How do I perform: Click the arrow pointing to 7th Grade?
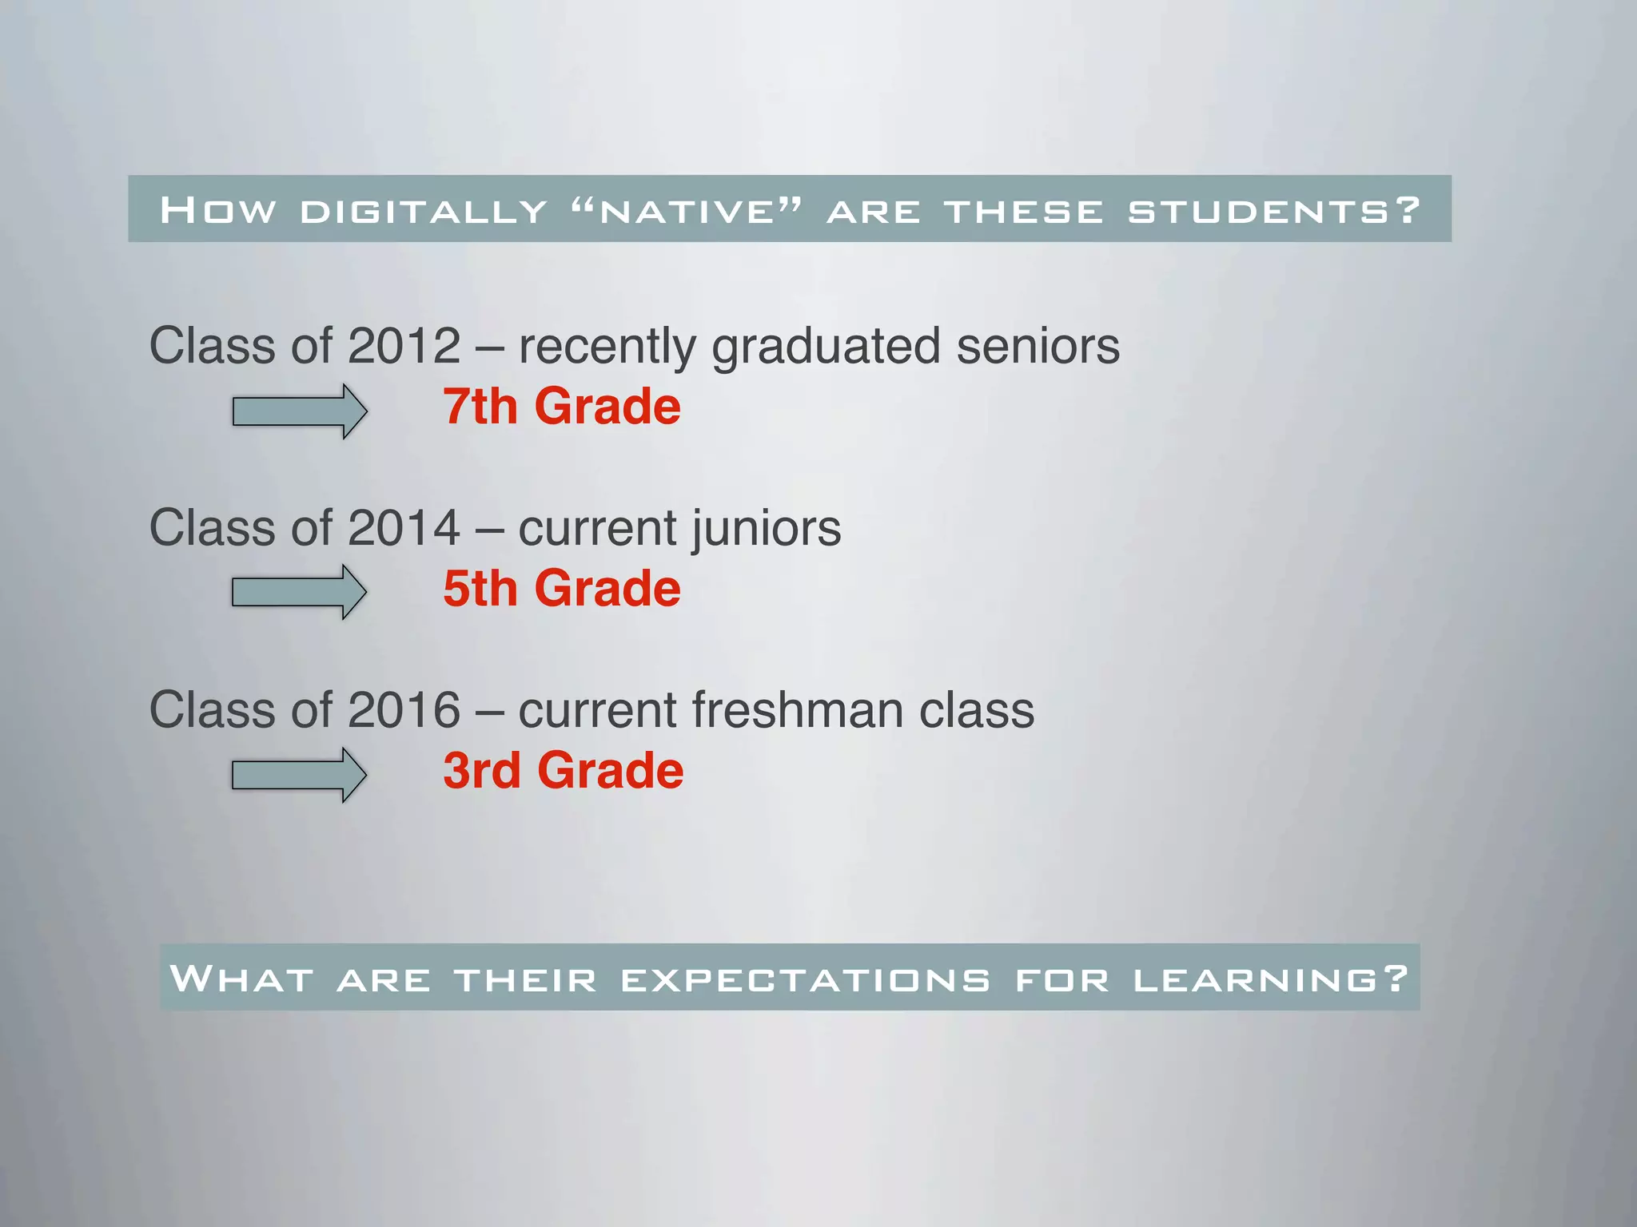click(x=300, y=411)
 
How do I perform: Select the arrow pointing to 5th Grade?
click(x=299, y=592)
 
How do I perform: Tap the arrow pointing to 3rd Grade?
click(x=299, y=775)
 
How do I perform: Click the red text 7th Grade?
click(x=562, y=407)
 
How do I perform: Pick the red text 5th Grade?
click(x=562, y=589)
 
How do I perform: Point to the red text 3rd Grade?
click(x=564, y=771)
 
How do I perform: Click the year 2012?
click(x=404, y=346)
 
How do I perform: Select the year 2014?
click(x=404, y=528)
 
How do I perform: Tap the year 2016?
click(x=404, y=710)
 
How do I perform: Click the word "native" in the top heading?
click(x=687, y=211)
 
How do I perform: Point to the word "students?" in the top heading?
click(x=1274, y=211)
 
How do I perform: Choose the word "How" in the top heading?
click(x=218, y=211)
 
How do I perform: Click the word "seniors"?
click(x=1038, y=346)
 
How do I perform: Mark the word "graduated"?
click(x=826, y=347)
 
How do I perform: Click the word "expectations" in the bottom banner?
click(x=805, y=979)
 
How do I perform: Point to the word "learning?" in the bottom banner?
click(x=1271, y=979)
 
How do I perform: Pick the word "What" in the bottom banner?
click(x=241, y=979)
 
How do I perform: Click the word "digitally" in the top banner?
click(x=424, y=211)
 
